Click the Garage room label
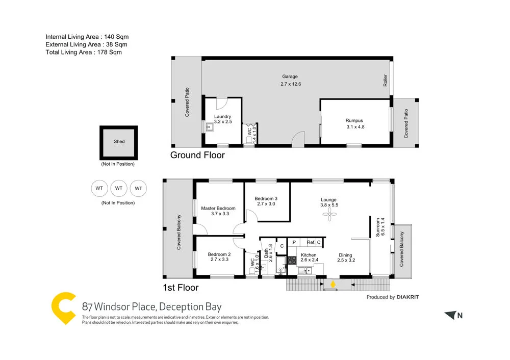pos(290,77)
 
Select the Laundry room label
pos(222,117)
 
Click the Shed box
pos(119,142)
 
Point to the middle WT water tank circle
pos(119,188)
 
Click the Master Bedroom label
pos(218,208)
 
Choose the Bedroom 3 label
pos(266,198)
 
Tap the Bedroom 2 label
pos(219,254)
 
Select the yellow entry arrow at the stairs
pos(333,284)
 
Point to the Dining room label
pos(345,255)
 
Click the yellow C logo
pos(64,308)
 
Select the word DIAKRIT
pos(411,297)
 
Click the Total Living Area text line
pos(84,52)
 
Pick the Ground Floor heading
pos(197,155)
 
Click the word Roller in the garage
pos(386,81)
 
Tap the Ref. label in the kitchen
pos(311,242)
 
